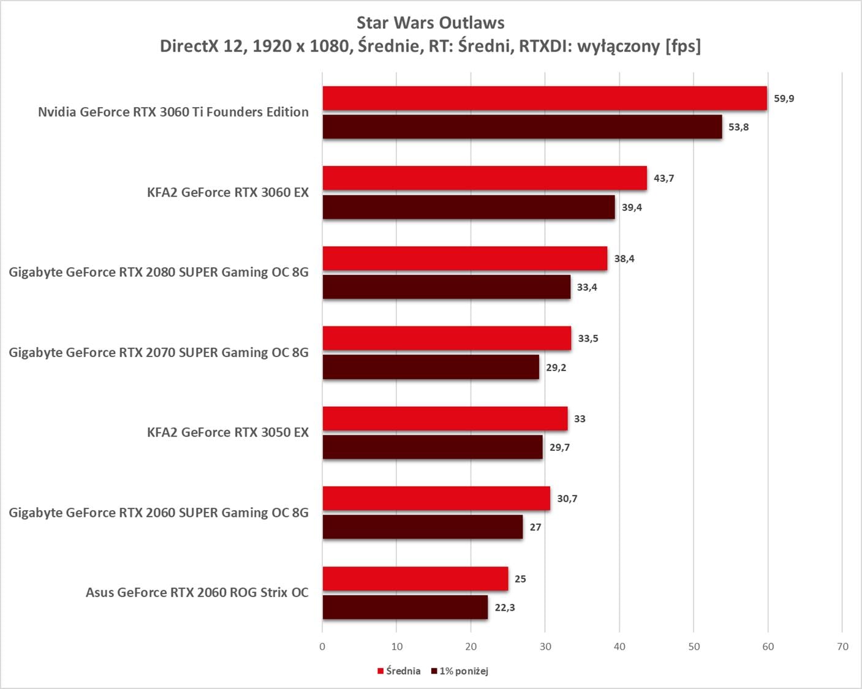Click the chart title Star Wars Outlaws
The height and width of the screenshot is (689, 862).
click(x=430, y=23)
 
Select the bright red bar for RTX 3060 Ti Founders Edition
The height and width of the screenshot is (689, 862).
click(x=545, y=98)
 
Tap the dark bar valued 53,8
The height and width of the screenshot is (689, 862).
click(x=522, y=127)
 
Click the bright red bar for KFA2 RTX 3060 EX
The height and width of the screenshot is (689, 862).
click(x=485, y=178)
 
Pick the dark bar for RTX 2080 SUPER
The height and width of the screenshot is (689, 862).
click(x=447, y=287)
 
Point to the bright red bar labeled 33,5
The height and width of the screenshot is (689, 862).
click(x=447, y=338)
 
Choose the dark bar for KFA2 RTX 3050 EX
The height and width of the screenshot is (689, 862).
click(x=433, y=447)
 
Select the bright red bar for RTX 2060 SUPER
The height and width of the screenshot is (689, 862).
click(x=436, y=499)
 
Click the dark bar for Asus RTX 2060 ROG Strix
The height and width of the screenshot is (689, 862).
click(x=405, y=608)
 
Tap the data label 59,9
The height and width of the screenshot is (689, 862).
click(x=784, y=99)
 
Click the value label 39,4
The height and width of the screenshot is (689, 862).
click(x=632, y=208)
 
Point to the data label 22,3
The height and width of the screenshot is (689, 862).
click(x=505, y=608)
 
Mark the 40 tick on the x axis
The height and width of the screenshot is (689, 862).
click(x=619, y=647)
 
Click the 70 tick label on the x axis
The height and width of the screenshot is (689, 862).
click(x=842, y=647)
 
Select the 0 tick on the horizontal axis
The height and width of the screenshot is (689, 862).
click(x=322, y=647)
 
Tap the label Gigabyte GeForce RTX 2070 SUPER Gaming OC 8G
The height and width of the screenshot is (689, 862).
click(x=159, y=353)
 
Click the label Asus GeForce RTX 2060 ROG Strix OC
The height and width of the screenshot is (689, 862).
click(x=197, y=593)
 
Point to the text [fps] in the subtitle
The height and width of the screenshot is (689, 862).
click(x=683, y=46)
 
